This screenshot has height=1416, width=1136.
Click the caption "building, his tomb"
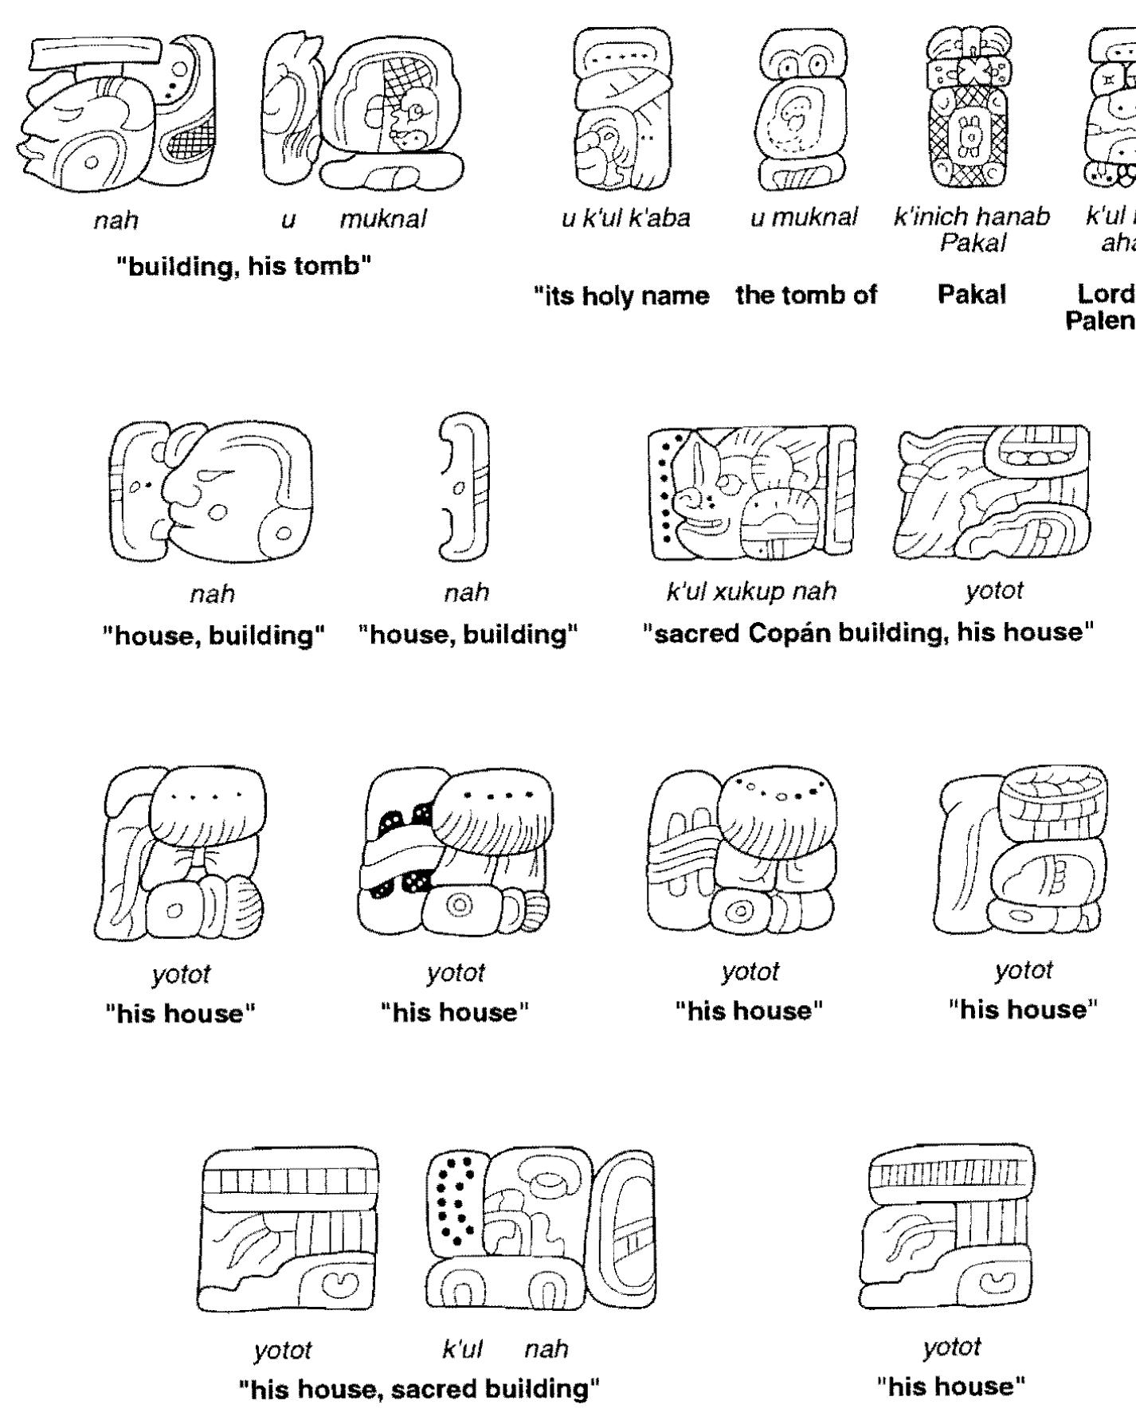245,266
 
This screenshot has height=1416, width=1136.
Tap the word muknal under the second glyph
383,219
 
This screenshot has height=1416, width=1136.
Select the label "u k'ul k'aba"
625,217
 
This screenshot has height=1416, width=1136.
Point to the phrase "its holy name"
621,295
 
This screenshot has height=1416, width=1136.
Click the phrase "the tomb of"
805,295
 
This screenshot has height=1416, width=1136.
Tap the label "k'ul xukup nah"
751,591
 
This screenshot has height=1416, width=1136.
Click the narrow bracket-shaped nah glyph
464,487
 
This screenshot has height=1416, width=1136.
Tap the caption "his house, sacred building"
419,1389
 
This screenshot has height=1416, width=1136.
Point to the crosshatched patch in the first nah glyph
188,143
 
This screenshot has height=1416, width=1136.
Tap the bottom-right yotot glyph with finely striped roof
950,1226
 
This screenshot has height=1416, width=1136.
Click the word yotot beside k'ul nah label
283,1350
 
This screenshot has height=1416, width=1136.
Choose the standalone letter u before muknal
288,219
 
